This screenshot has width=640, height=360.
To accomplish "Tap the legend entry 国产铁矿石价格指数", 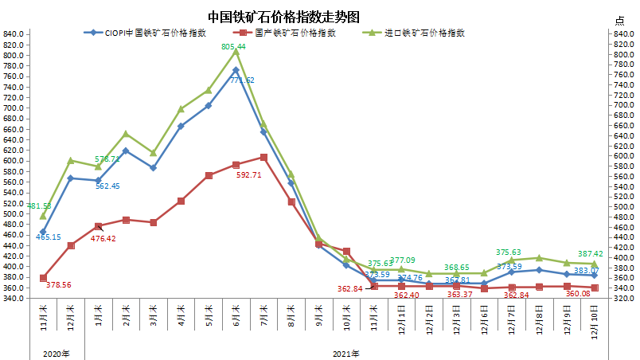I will click(x=295, y=33).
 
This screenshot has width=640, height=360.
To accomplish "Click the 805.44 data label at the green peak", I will click(x=233, y=47).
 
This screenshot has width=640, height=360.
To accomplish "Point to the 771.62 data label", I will click(x=242, y=80).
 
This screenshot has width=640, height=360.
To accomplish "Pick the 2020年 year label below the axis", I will click(x=57, y=354).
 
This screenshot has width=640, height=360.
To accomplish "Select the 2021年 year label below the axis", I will click(x=345, y=354).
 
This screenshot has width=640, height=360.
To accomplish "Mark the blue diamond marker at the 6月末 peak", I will click(x=236, y=70).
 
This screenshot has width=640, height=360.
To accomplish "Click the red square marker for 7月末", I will click(x=263, y=157).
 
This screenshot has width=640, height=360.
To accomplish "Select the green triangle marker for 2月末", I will click(x=126, y=133).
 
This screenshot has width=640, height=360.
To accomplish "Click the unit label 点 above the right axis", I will click(x=620, y=20).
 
